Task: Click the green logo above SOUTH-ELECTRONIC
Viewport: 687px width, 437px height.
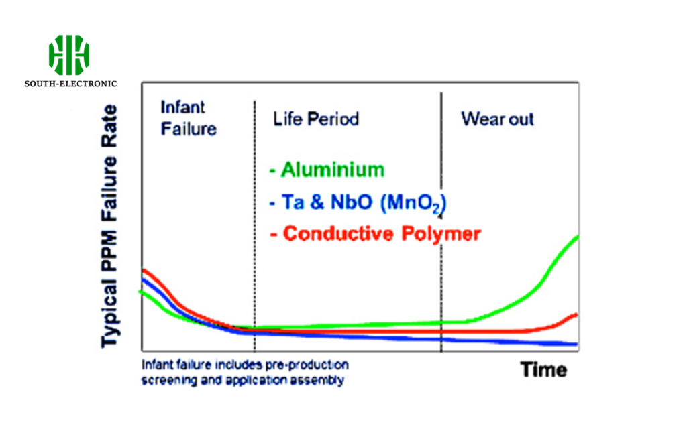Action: pyautogui.click(x=69, y=54)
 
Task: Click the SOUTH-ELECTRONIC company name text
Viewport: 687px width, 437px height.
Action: pyautogui.click(x=70, y=84)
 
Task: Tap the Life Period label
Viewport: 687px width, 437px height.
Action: pyautogui.click(x=315, y=119)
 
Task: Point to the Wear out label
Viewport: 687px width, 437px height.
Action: pyautogui.click(x=497, y=119)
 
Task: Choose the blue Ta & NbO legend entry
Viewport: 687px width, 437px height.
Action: pyautogui.click(x=357, y=203)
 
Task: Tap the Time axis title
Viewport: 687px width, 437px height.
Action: pyautogui.click(x=543, y=369)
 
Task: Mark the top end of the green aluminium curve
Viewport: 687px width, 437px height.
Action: pyautogui.click(x=577, y=237)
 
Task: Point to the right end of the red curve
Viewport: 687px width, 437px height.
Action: pyautogui.click(x=576, y=314)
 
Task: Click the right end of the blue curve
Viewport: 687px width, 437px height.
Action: pyautogui.click(x=576, y=345)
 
